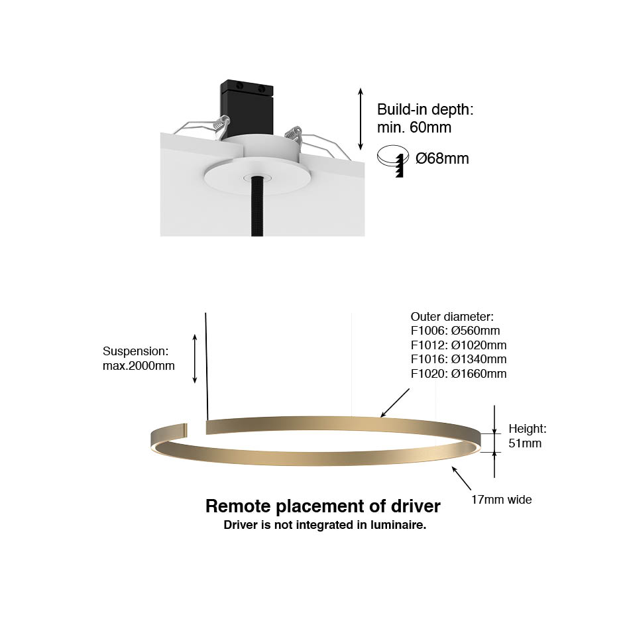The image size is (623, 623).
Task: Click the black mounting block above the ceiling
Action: pos(247,109)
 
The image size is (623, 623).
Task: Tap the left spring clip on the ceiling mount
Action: pos(221,126)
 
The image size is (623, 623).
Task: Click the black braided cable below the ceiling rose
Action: pos(257,206)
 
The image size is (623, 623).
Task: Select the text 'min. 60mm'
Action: pos(414,127)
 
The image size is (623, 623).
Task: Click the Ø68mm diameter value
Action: pos(442,158)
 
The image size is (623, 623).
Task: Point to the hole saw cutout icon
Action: pos(393,160)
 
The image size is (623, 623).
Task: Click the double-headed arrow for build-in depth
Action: pos(361,119)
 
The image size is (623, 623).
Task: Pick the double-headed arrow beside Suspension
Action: pos(195,359)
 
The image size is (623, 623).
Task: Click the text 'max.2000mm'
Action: pos(139,366)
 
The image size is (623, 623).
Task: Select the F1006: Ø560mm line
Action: pos(455,331)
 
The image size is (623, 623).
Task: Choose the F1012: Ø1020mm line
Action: pos(459,345)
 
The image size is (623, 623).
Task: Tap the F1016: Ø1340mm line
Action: pos(459,359)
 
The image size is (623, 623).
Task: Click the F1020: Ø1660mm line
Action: pos(459,374)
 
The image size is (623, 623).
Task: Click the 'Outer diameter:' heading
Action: pos(452,317)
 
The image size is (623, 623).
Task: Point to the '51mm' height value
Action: pos(525,443)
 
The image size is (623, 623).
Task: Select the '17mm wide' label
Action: pos(502,500)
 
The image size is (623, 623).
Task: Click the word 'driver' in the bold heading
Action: pos(416,506)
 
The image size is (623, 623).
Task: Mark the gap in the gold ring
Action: pos(196,429)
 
